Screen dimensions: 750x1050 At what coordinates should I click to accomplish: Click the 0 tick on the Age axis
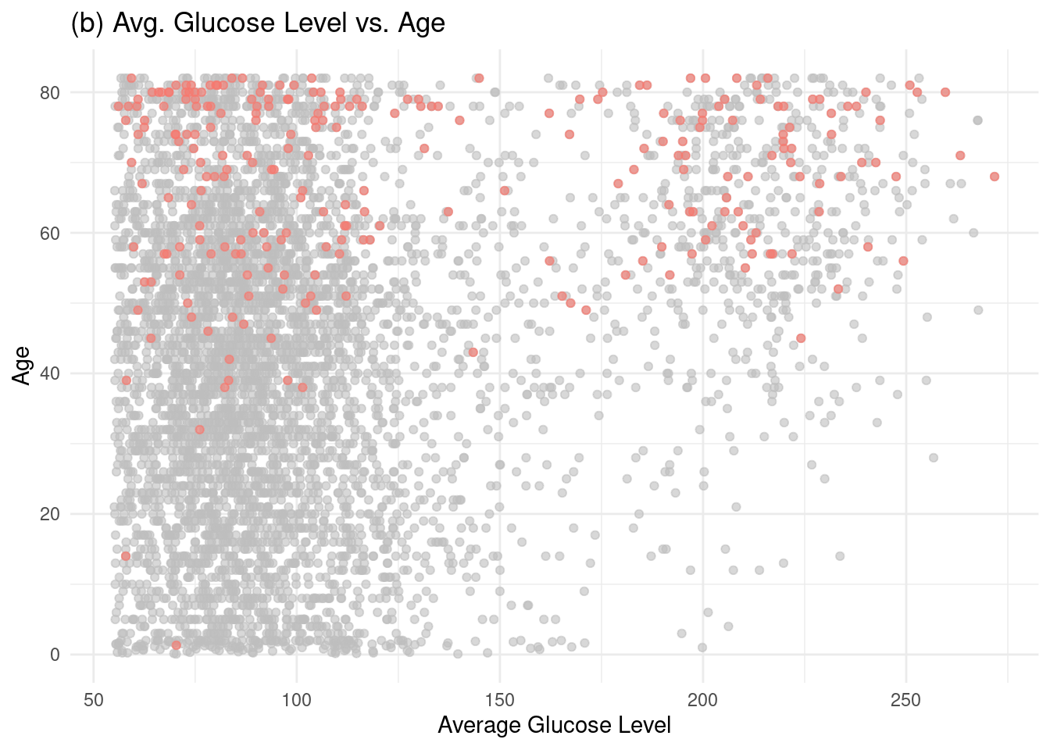(x=55, y=655)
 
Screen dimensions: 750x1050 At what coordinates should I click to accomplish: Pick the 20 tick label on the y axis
(x=50, y=514)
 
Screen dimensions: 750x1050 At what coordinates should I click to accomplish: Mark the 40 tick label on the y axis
(x=50, y=373)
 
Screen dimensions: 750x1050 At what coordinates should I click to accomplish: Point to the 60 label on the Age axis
(x=50, y=233)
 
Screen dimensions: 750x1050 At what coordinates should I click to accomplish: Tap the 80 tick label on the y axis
(x=50, y=92)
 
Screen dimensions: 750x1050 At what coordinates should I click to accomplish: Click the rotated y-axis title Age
(x=21, y=365)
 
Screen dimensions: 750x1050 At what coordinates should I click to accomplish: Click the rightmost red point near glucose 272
(x=995, y=177)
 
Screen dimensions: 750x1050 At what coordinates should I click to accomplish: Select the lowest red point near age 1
(x=177, y=645)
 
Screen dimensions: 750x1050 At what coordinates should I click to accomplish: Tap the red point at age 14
(x=126, y=556)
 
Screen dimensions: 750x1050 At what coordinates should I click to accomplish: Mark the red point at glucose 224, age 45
(x=801, y=338)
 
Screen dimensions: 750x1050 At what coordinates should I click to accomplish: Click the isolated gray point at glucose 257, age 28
(x=933, y=458)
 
